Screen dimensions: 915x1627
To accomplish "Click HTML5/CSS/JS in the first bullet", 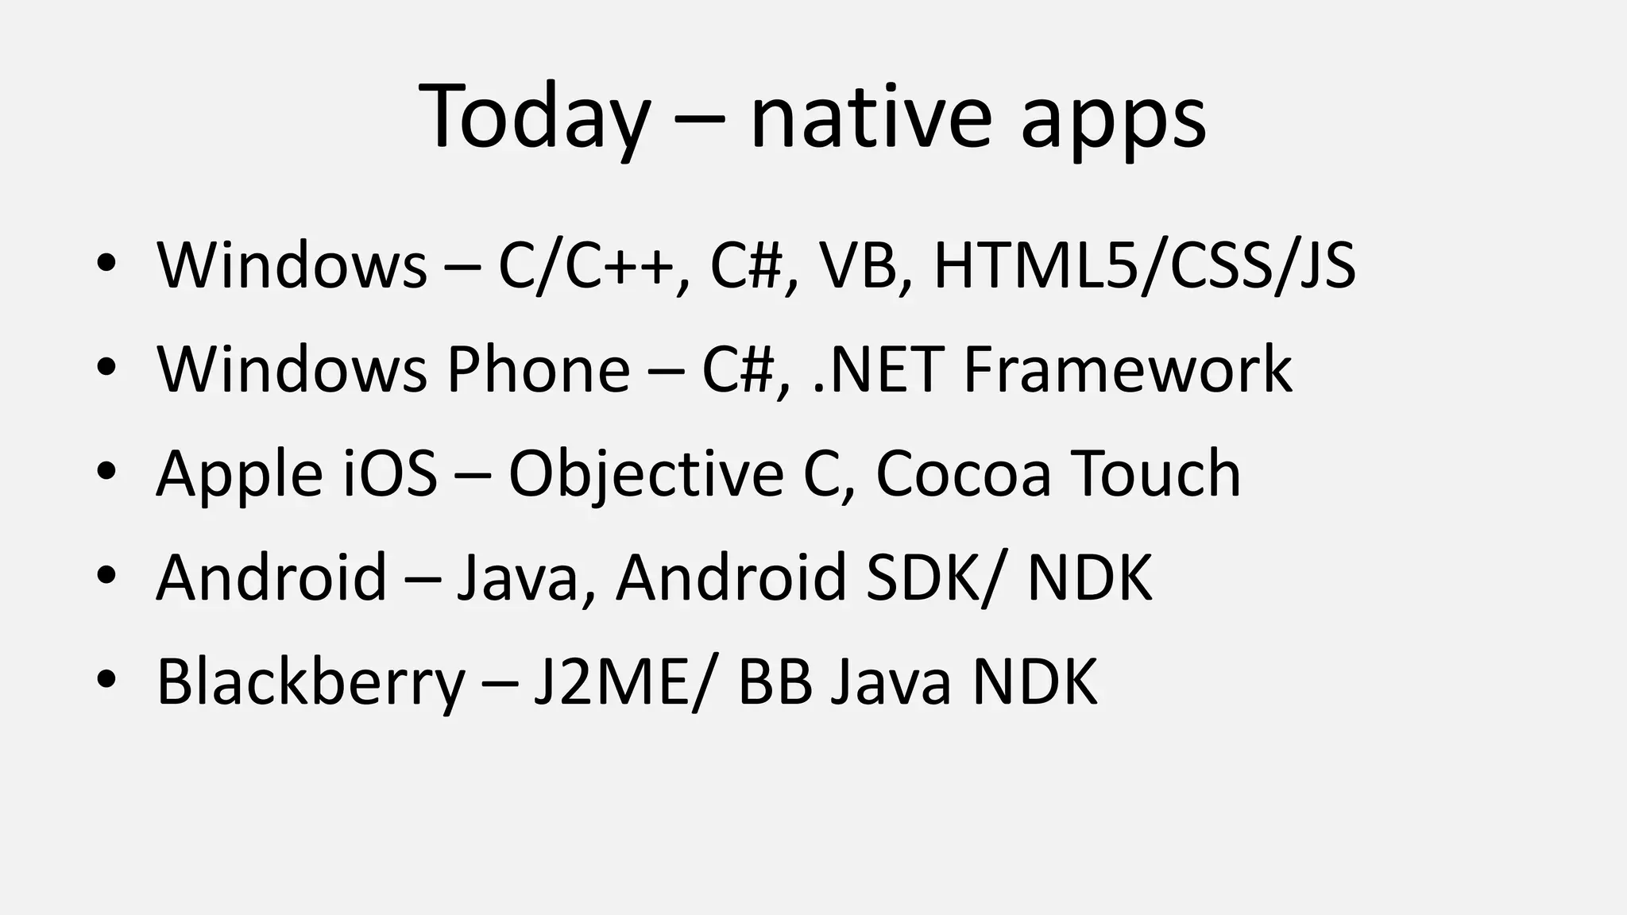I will pyautogui.click(x=1144, y=265).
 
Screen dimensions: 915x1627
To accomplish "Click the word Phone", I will pyautogui.click(x=539, y=369).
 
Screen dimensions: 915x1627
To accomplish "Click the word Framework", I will pyautogui.click(x=1128, y=369).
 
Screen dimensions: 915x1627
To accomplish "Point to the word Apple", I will pyautogui.click(x=239, y=475).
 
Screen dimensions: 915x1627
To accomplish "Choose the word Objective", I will pyautogui.click(x=646, y=475).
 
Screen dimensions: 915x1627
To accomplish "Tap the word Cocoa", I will pyautogui.click(x=963, y=473).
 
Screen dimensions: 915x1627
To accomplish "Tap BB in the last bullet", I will pyautogui.click(x=775, y=681).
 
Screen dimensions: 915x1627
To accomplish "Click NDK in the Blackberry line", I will pyautogui.click(x=1034, y=681).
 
